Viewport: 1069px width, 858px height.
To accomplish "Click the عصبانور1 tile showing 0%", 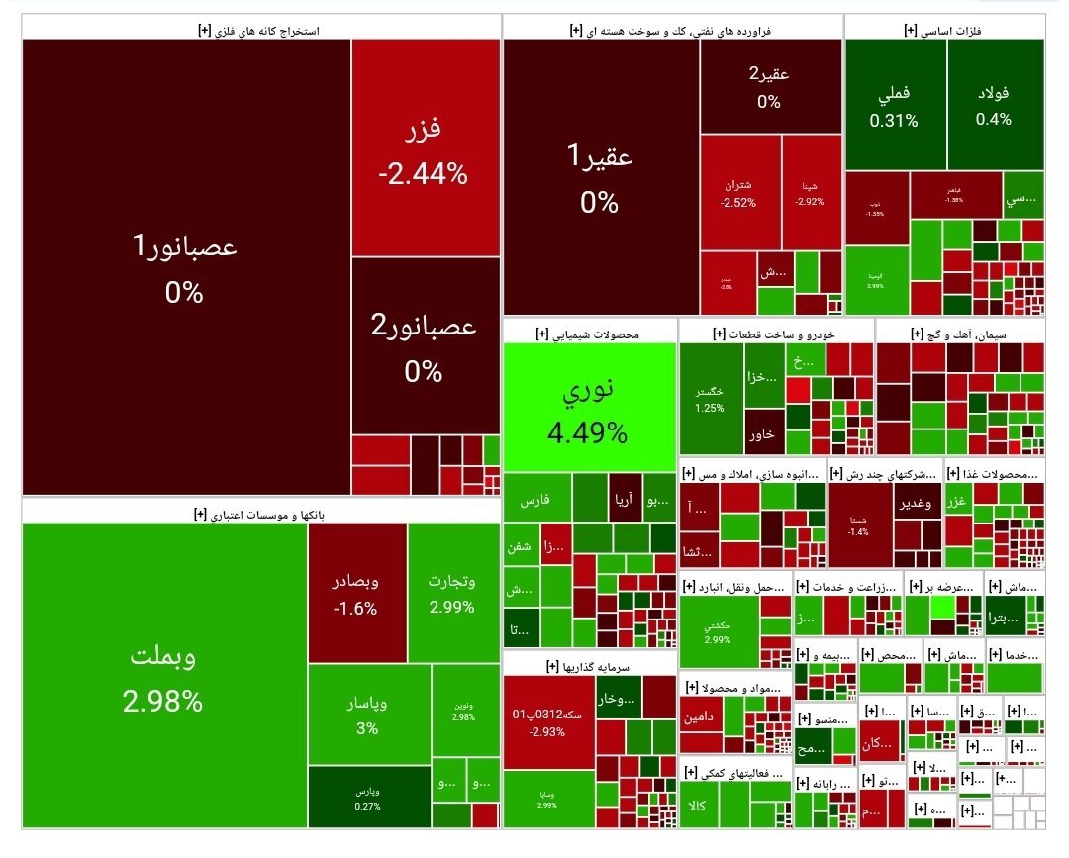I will click(x=185, y=267).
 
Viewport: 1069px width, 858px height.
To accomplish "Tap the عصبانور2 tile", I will click(x=423, y=346).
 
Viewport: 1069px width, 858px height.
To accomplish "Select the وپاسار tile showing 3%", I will click(x=368, y=715).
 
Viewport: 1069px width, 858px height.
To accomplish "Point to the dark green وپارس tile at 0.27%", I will click(x=368, y=798).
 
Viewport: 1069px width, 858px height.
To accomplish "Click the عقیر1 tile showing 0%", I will click(x=600, y=178).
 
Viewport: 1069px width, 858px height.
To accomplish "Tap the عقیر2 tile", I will click(x=770, y=87).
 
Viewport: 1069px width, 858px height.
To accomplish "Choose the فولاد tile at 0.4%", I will click(x=993, y=105).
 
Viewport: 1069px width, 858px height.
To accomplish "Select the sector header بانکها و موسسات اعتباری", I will click(x=262, y=515).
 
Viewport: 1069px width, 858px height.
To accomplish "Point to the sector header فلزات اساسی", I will click(x=944, y=31).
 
